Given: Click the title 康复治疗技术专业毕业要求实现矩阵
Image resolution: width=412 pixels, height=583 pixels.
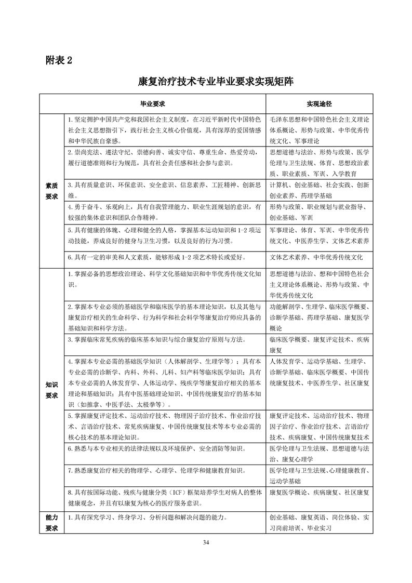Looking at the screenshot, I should click(x=206, y=82).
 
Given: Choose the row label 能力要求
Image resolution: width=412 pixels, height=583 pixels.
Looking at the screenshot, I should click(x=52, y=523).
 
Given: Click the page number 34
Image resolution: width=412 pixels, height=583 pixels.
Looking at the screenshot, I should click(x=206, y=542).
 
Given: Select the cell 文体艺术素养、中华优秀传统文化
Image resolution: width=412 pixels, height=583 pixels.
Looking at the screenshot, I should click(x=316, y=257).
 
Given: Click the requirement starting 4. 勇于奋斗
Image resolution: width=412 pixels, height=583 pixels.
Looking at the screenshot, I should click(x=164, y=212).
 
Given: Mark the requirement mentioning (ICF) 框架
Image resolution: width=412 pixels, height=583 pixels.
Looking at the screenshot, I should click(x=164, y=497).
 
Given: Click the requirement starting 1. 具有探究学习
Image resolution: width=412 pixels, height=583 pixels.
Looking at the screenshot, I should click(x=149, y=518).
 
